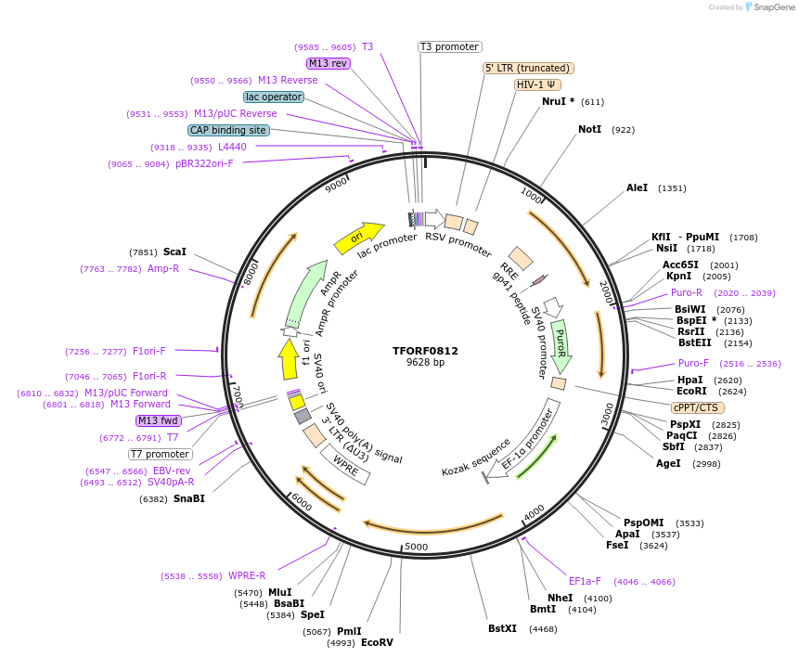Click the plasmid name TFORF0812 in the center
click(x=425, y=351)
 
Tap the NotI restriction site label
click(x=589, y=130)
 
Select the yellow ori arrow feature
click(x=359, y=238)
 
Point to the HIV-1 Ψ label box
click(x=537, y=84)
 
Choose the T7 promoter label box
click(x=161, y=455)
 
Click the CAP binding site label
click(x=228, y=131)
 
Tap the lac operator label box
click(x=274, y=97)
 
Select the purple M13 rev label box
click(x=328, y=63)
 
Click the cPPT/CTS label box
click(x=697, y=407)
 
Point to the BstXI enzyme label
click(x=502, y=628)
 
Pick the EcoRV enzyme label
click(x=377, y=642)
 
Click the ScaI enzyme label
click(x=174, y=252)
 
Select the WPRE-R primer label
click(x=247, y=575)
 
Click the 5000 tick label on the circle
click(x=416, y=547)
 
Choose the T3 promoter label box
click(x=449, y=46)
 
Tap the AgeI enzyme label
click(x=668, y=463)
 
